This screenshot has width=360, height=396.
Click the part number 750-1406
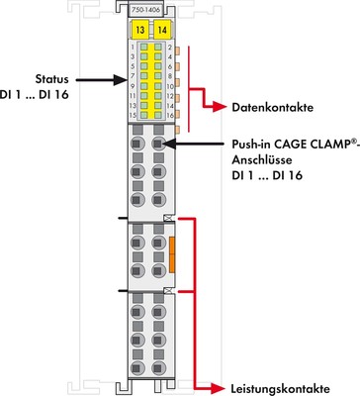pyautogui.click(x=151, y=7)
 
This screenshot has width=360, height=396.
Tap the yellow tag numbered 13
pyautogui.click(x=142, y=29)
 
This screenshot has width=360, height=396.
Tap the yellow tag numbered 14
pyautogui.click(x=162, y=29)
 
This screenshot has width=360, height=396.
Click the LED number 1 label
pyautogui.click(x=133, y=48)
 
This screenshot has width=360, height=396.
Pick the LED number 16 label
pyautogui.click(x=171, y=116)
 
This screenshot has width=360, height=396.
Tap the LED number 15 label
pyautogui.click(x=133, y=116)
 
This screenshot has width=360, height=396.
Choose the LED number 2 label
pyautogui.click(x=171, y=48)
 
